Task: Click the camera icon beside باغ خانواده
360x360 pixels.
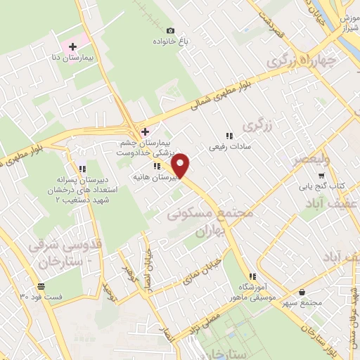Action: (170, 30)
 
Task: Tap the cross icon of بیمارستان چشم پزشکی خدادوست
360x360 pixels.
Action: (145, 131)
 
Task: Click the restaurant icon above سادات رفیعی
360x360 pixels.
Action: (228, 136)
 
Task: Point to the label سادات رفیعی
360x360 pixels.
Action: (227, 148)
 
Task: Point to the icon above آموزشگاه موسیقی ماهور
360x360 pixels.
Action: (252, 276)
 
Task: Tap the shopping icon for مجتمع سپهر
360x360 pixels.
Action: (302, 292)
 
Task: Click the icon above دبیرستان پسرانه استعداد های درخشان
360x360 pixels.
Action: (82, 169)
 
